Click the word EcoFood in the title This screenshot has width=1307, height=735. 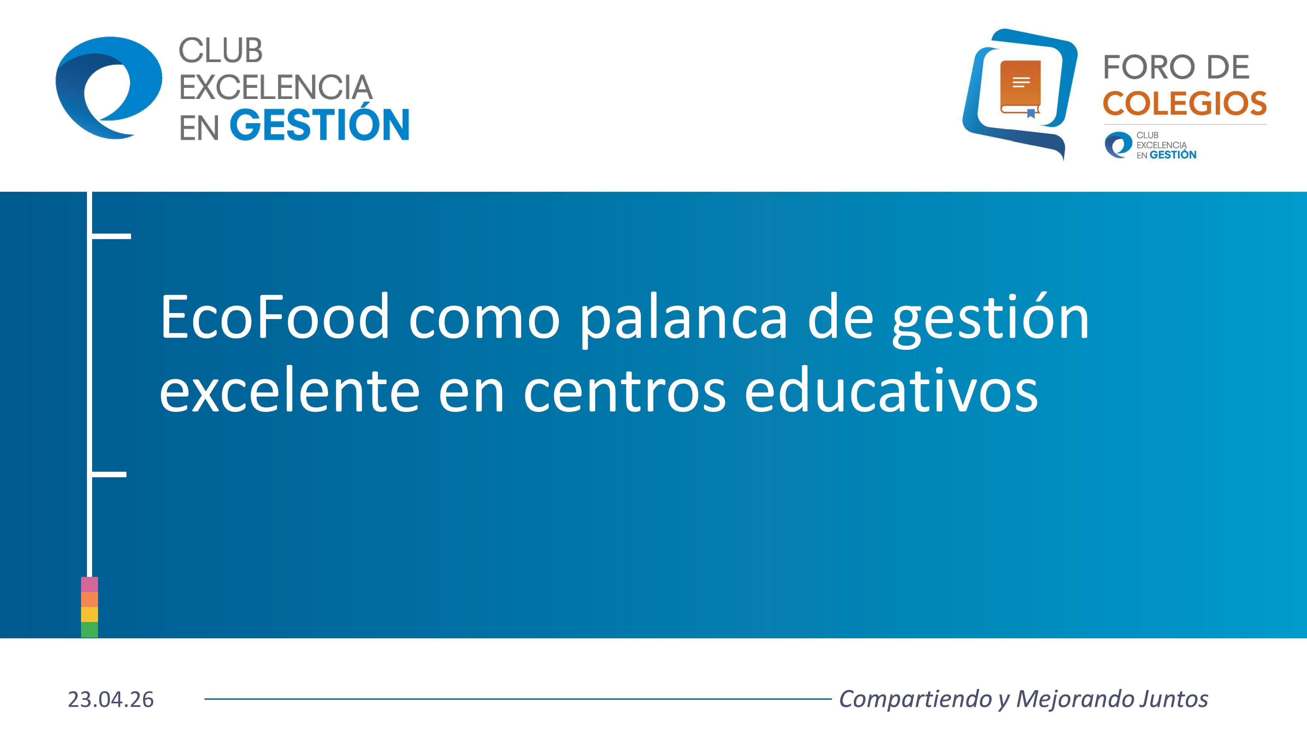coord(274,317)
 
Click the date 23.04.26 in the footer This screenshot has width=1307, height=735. coord(111,699)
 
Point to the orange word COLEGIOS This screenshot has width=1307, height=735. coord(1185,104)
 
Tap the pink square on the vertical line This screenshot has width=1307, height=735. coord(89,584)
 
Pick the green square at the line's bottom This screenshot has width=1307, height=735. coord(89,629)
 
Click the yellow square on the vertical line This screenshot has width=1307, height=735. coord(89,614)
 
